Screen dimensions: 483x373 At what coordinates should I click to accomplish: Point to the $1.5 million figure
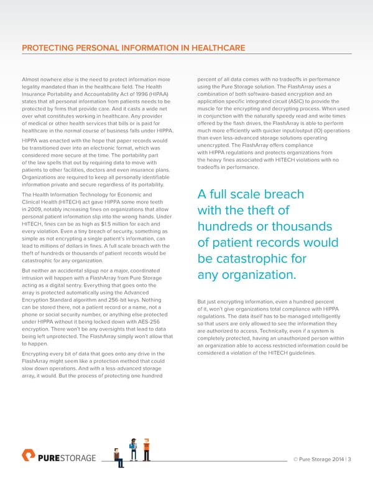101,223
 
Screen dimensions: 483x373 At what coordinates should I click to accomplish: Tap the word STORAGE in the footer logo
78,459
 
